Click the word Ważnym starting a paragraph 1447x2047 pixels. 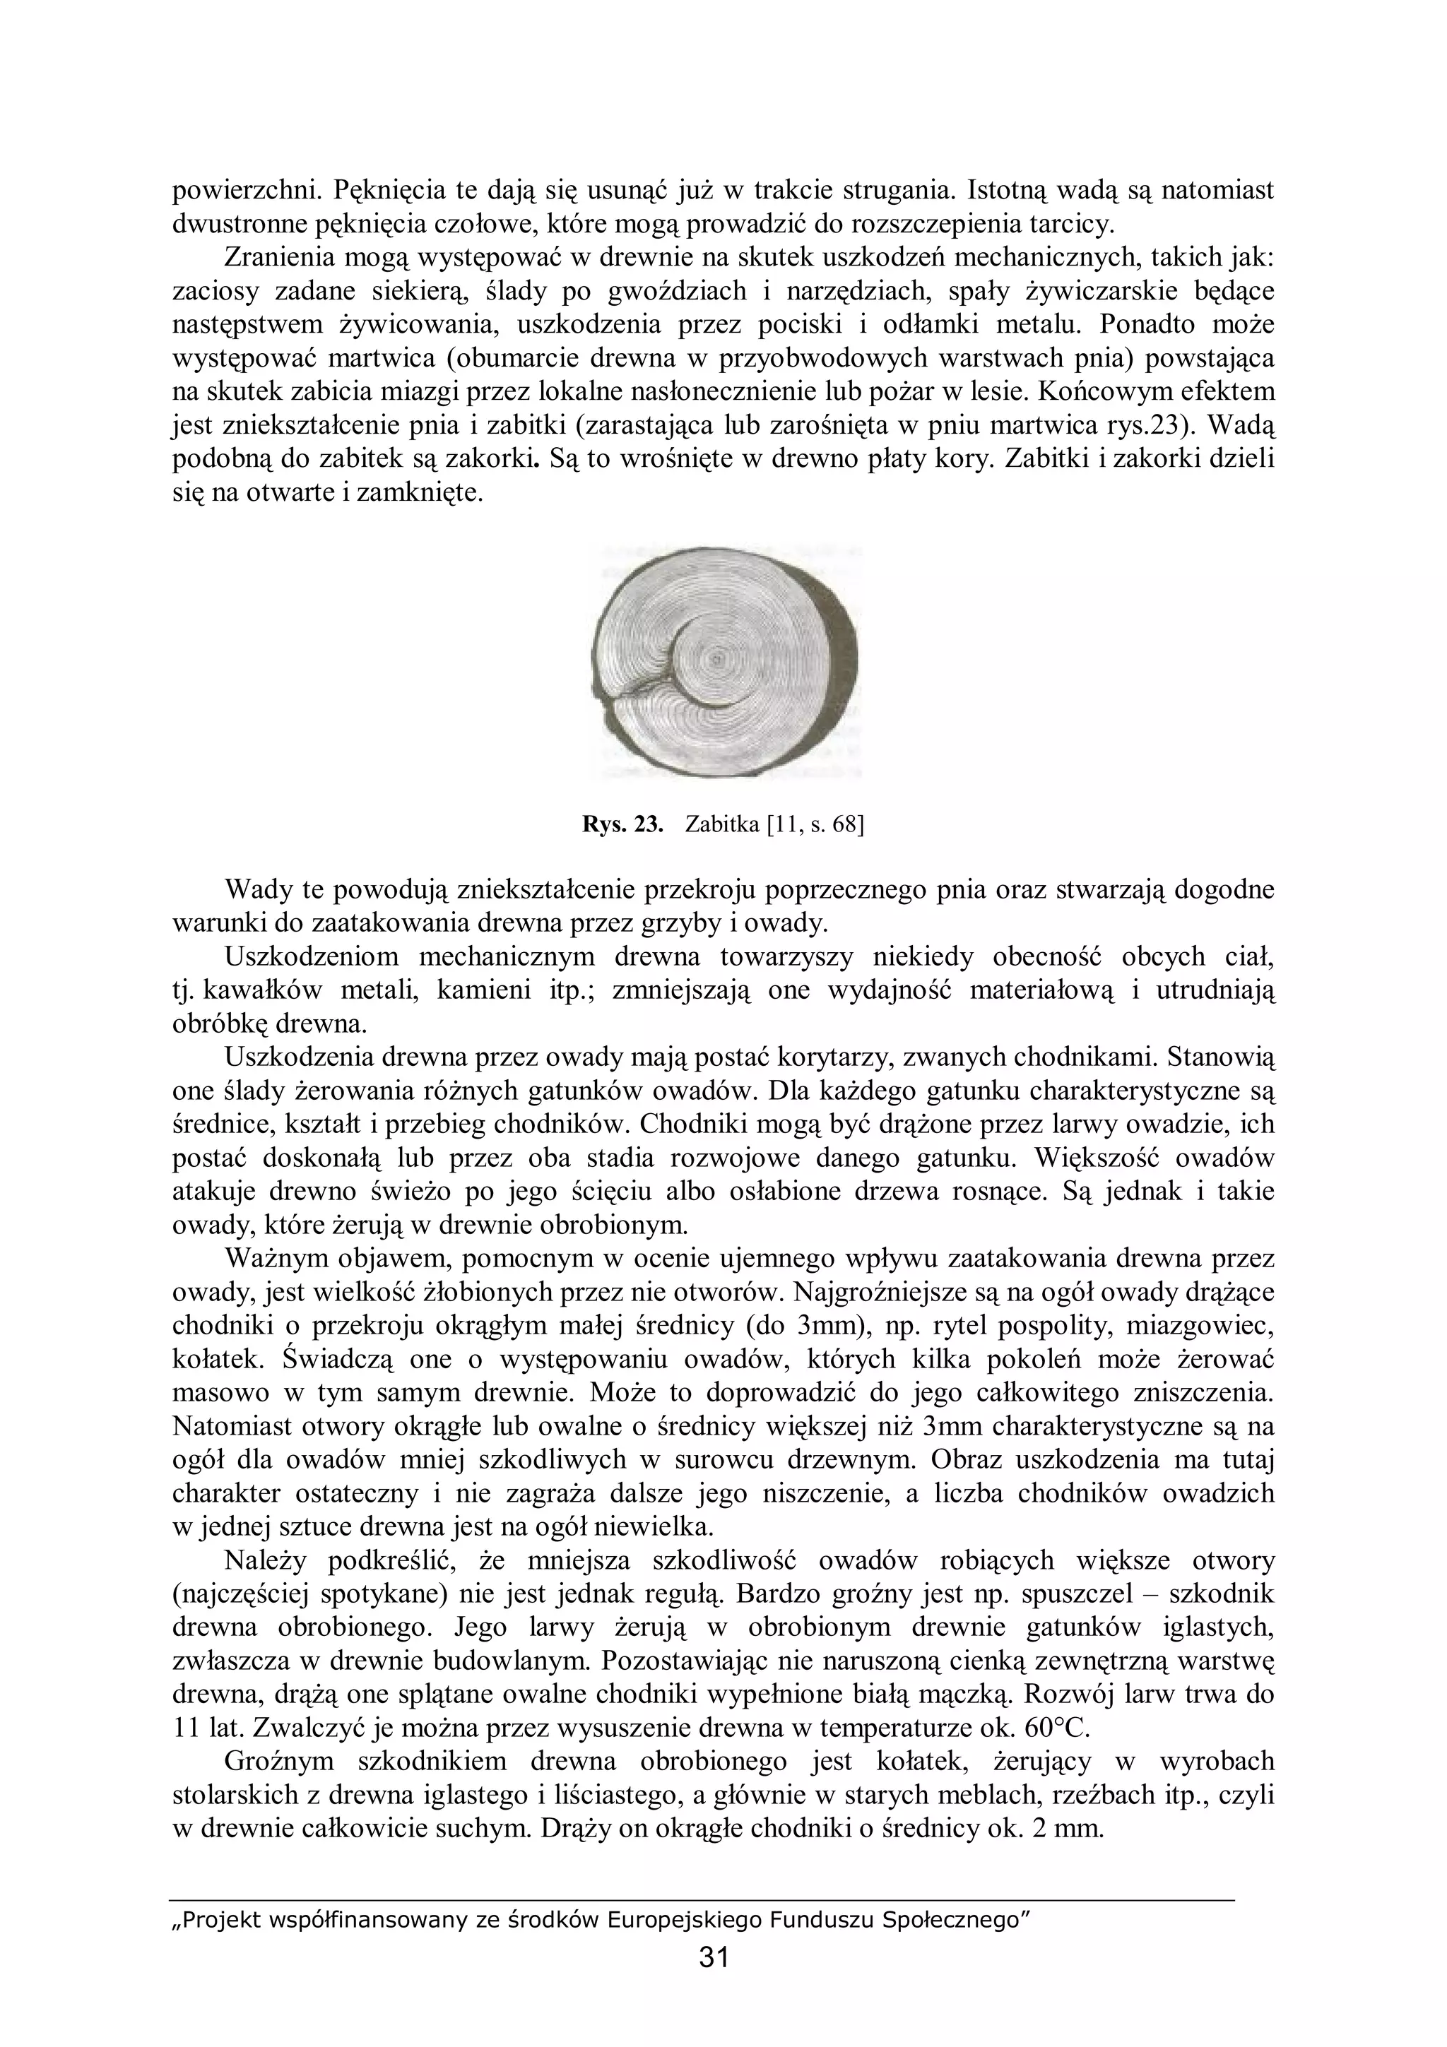pyautogui.click(x=279, y=1259)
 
